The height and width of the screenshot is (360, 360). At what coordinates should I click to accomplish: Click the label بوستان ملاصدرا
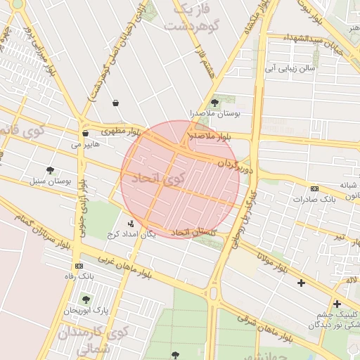214,113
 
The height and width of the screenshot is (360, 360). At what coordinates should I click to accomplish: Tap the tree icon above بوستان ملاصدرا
214,103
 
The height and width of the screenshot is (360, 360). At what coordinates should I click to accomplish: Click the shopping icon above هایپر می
85,133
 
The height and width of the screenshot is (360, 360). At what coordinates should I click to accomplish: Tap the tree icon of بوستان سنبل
50,170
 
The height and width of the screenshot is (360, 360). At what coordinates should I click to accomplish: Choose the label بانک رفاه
78,276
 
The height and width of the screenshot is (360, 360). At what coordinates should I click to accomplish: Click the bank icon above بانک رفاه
78,266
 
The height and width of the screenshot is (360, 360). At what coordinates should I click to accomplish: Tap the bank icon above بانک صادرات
314,188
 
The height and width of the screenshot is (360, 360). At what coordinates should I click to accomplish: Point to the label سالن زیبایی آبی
288,69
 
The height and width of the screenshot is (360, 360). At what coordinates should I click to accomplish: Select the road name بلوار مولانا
274,264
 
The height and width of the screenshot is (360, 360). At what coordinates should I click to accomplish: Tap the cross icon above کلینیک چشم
337,304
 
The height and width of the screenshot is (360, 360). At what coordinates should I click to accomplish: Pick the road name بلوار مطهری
121,131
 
